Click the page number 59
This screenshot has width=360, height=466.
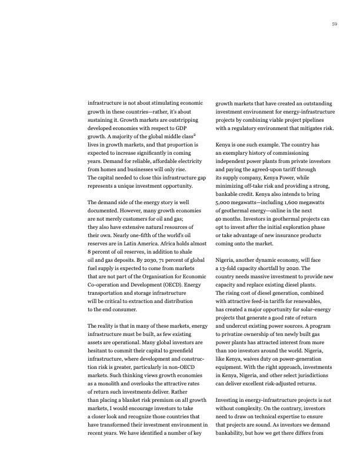click(334, 24)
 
